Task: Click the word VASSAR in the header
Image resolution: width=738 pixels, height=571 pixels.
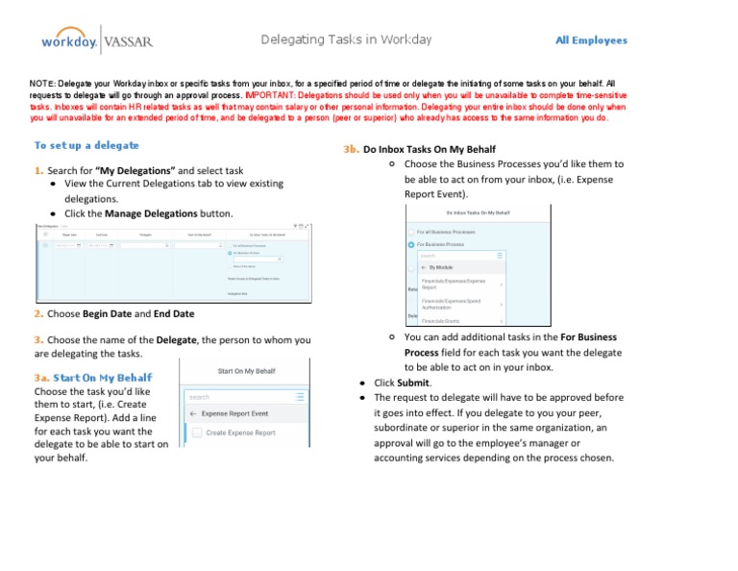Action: click(127, 41)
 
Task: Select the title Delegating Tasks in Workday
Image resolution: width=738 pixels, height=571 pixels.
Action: click(346, 39)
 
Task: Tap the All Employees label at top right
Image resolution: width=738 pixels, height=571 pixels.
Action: click(591, 40)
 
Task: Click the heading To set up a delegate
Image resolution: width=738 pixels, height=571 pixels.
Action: click(86, 145)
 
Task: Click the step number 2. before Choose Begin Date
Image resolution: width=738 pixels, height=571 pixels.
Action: click(37, 313)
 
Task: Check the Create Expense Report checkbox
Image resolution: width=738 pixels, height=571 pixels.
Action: click(196, 434)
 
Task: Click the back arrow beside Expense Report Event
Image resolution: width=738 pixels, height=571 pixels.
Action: click(193, 414)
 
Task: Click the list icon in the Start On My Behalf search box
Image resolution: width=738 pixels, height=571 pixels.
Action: click(301, 396)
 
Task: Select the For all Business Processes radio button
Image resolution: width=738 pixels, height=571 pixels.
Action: click(412, 232)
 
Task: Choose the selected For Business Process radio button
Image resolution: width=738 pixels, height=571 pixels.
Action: click(412, 244)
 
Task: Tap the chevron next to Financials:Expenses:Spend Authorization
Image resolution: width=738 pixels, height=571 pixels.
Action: click(503, 305)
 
